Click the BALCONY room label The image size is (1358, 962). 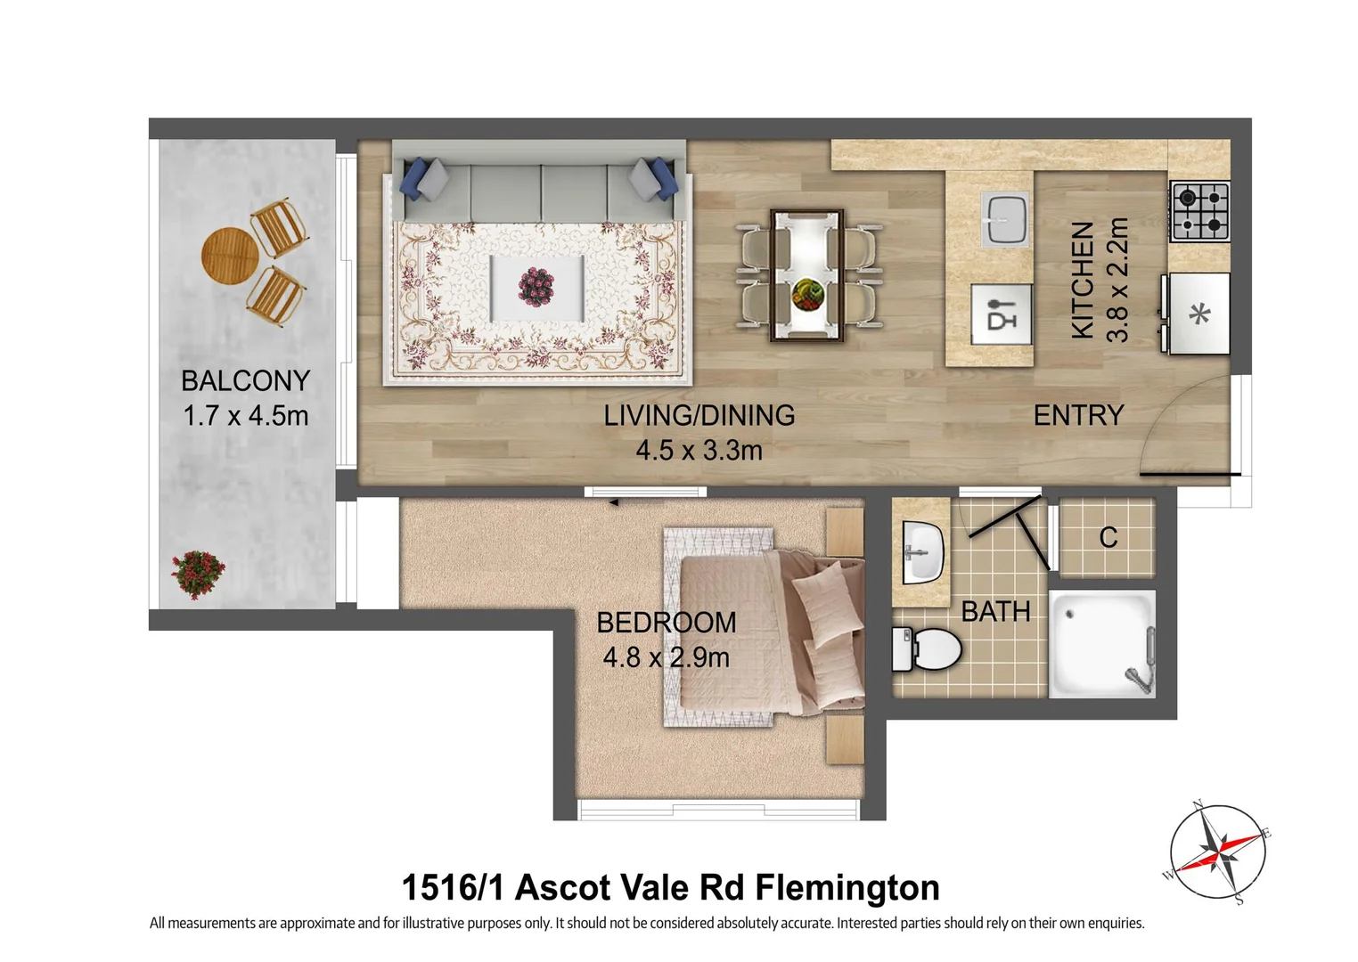click(x=245, y=381)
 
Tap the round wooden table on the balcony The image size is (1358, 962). click(x=230, y=257)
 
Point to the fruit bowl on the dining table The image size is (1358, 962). click(x=807, y=293)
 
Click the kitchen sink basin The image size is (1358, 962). click(x=1004, y=218)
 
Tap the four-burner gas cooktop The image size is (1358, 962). click(x=1199, y=211)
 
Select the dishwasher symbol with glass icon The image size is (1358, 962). click(x=1002, y=314)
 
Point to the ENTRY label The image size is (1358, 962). click(x=1078, y=416)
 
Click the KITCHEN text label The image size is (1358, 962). click(x=1082, y=280)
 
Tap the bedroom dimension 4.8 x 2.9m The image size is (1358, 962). click(x=666, y=658)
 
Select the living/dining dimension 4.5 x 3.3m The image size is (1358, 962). click(x=699, y=451)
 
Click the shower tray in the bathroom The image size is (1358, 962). click(x=1102, y=643)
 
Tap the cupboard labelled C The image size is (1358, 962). click(x=1108, y=537)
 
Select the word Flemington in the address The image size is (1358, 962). click(x=847, y=888)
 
